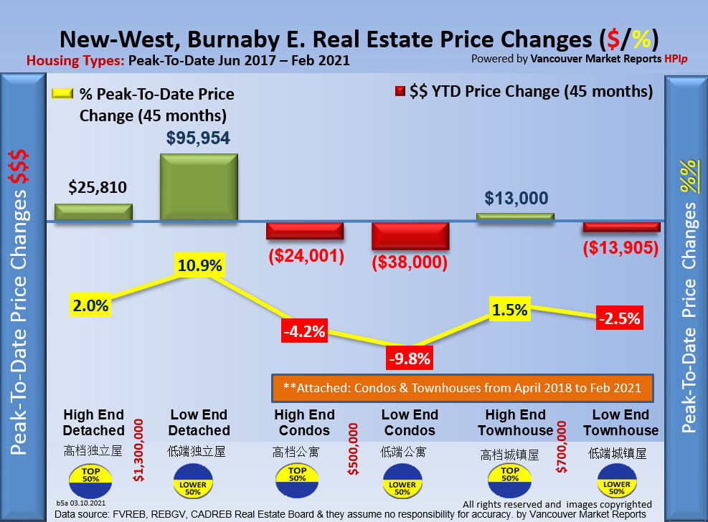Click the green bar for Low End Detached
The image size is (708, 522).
point(199,186)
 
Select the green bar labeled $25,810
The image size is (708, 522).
point(93,212)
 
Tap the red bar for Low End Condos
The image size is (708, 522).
point(410,236)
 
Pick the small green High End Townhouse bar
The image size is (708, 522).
point(515,217)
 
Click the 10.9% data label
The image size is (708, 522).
point(199,266)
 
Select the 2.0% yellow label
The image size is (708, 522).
point(90,305)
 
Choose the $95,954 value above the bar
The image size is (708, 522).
point(199,139)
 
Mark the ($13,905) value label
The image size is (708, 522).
point(620,248)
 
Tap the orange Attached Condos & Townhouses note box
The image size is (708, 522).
point(462,388)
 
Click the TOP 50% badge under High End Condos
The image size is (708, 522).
point(297,475)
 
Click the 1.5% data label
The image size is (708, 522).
point(510,310)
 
